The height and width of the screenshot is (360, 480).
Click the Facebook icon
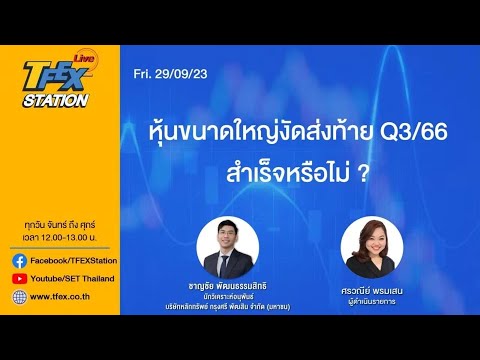click(19, 260)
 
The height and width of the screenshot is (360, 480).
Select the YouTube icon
click(19, 278)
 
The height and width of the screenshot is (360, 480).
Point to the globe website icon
click(19, 297)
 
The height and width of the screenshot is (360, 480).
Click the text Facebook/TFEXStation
click(71, 260)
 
